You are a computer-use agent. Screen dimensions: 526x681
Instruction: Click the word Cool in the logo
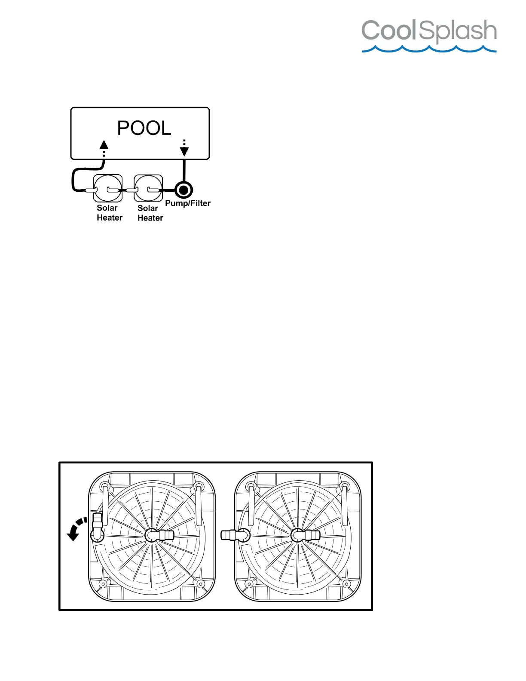(389, 31)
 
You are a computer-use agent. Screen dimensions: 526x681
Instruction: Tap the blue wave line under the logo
(429, 49)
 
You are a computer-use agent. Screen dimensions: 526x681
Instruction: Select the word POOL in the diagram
(144, 128)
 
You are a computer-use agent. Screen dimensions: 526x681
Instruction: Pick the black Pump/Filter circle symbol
(183, 190)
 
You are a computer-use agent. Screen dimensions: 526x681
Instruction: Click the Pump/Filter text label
(188, 203)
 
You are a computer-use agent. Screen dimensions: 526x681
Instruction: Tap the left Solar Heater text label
(109, 213)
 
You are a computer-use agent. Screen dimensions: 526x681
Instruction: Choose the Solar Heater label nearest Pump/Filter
(150, 213)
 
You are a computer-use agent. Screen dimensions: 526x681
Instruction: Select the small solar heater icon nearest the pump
(148, 188)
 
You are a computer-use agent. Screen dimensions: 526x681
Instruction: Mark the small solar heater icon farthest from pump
(108, 188)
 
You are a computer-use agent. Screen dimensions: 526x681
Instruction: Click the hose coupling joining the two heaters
(235, 535)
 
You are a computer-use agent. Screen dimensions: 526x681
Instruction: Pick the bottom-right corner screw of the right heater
(346, 584)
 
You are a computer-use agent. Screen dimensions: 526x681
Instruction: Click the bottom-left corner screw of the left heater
(103, 584)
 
